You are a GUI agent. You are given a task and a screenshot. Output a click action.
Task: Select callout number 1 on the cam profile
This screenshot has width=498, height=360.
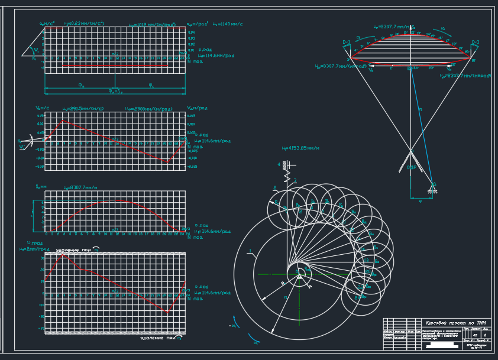250,251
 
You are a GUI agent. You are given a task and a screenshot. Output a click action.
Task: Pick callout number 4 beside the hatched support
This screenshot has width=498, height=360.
279,164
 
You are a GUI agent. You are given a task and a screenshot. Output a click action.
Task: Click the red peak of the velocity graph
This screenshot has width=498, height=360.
62,121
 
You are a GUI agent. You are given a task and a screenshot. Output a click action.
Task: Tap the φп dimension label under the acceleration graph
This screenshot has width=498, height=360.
80,85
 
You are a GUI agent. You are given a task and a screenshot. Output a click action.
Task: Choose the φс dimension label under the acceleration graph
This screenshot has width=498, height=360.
151,85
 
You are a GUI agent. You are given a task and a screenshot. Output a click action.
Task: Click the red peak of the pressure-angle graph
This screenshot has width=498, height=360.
64,255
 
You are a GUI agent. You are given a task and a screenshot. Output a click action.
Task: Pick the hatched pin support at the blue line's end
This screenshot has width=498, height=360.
433,187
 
